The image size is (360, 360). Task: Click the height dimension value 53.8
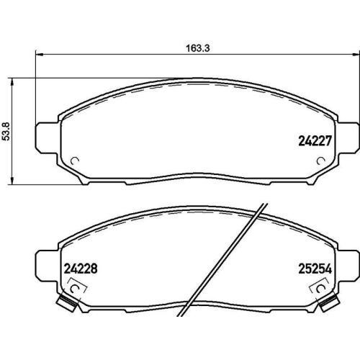click(x=6, y=132)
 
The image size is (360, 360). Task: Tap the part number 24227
click(x=315, y=142)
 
